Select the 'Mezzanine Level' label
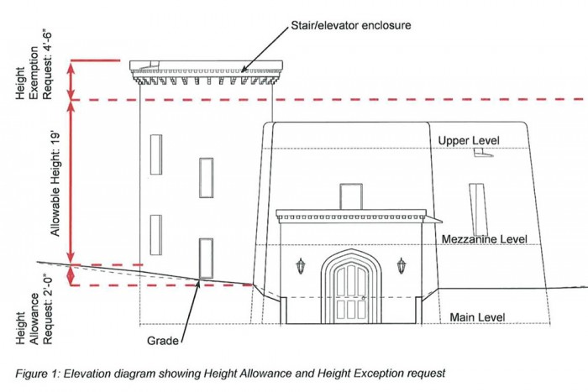click(x=485, y=239)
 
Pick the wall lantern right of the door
click(x=401, y=266)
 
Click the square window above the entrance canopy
click(x=350, y=196)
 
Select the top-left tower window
click(x=155, y=154)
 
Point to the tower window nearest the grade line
click(x=206, y=258)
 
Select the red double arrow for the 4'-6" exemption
click(x=71, y=81)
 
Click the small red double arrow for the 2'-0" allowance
click(x=71, y=275)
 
